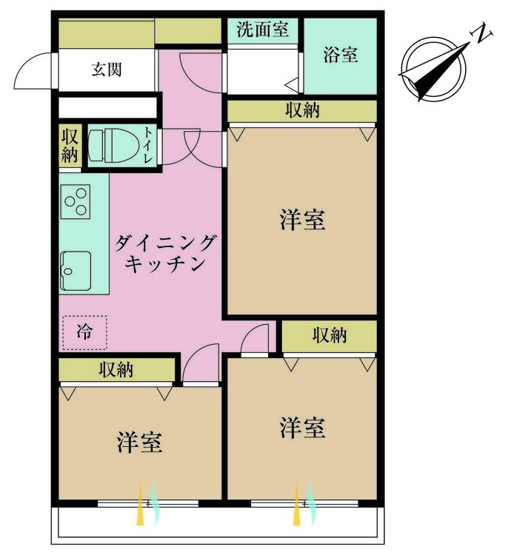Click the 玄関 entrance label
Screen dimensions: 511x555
coord(106,70)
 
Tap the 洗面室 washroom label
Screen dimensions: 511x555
coord(262,29)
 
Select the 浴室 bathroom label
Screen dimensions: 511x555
coord(341,55)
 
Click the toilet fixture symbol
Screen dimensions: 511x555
coord(113,146)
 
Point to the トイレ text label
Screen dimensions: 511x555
coord(148,145)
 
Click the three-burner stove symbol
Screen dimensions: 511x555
coord(76,202)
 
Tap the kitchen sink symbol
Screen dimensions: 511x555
coord(76,271)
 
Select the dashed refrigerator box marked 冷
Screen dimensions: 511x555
coord(84,332)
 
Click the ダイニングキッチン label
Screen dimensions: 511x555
coord(165,253)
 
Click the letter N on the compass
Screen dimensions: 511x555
coord(481,33)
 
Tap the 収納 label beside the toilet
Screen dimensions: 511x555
coord(70,146)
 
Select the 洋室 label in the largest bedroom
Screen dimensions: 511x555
coord(302,220)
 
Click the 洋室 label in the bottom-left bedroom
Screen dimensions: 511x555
coord(139,443)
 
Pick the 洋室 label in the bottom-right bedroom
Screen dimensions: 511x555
coord(302,428)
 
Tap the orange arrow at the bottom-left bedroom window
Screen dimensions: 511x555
coord(140,505)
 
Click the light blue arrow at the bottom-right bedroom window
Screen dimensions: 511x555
coord(311,504)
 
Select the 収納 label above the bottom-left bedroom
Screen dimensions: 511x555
coord(116,369)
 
